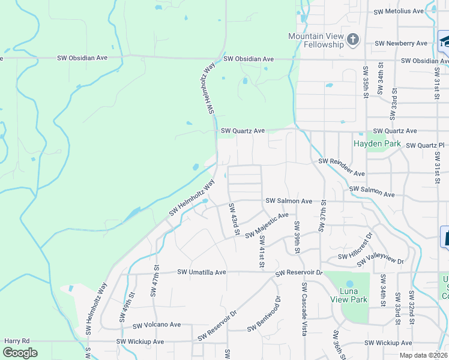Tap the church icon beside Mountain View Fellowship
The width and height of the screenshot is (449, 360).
(x=353, y=40)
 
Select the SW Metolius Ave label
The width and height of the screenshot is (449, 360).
(x=400, y=11)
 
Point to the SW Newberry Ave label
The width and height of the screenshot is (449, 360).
(x=401, y=43)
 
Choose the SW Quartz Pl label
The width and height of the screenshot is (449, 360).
(x=425, y=145)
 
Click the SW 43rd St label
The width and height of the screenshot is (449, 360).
(x=234, y=219)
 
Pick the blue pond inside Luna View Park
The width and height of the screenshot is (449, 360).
(x=350, y=280)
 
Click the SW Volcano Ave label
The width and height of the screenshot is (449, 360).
(x=157, y=325)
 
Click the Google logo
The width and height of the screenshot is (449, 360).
(x=20, y=353)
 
